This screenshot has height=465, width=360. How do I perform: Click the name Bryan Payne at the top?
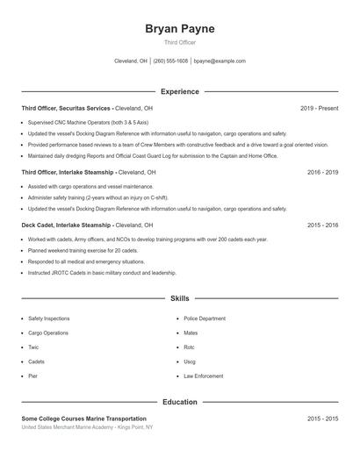click(180, 29)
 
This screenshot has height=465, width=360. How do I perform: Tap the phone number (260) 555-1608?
click(171, 61)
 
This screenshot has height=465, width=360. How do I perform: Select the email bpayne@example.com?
click(220, 61)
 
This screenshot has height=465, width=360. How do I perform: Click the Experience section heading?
click(180, 91)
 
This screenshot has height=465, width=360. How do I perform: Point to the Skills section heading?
click(180, 299)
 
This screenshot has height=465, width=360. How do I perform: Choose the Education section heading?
click(180, 402)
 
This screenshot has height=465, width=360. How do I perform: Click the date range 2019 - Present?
click(319, 108)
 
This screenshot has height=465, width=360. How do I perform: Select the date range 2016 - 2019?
click(322, 173)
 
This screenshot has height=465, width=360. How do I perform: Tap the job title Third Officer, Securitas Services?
click(67, 108)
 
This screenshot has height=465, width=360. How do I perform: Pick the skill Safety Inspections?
click(48, 318)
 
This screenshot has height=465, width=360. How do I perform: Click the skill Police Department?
click(205, 318)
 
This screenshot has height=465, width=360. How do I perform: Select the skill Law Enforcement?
click(203, 376)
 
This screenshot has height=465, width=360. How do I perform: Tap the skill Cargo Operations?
click(47, 333)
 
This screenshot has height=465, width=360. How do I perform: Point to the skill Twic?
click(34, 347)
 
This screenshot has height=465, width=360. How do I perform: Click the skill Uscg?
click(190, 361)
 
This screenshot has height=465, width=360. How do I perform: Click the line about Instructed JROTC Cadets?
click(102, 273)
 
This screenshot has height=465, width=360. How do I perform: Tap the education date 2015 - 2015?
click(322, 418)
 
